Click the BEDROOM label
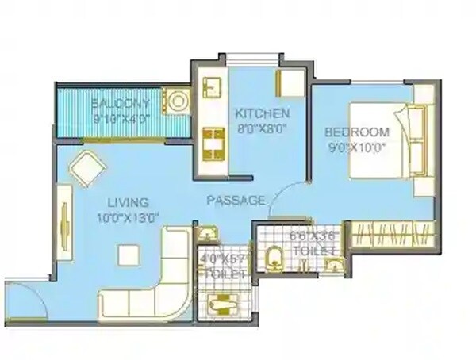tap(356, 132)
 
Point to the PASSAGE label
tap(236, 201)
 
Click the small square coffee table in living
tap(128, 254)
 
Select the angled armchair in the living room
tap(86, 167)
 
